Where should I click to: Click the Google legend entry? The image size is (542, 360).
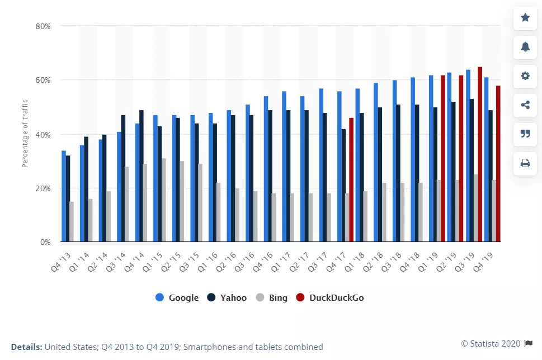pyautogui.click(x=177, y=297)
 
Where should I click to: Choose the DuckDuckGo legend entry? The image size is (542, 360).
pyautogui.click(x=331, y=297)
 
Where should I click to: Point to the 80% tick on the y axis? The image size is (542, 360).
pyautogui.click(x=43, y=26)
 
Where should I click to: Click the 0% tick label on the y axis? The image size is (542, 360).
pyautogui.click(x=45, y=243)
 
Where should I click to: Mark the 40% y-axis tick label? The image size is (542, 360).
pyautogui.click(x=43, y=134)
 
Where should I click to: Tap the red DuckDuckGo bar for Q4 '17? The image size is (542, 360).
pyautogui.click(x=351, y=180)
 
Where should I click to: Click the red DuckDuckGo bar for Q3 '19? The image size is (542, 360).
pyautogui.click(x=480, y=154)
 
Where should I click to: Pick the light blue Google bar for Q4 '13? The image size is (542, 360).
pyautogui.click(x=64, y=196)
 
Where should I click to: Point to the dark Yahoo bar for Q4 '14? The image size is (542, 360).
pyautogui.click(x=142, y=176)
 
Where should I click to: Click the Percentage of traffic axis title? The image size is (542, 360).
pyautogui.click(x=25, y=134)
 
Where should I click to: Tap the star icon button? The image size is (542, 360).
pyautogui.click(x=525, y=17)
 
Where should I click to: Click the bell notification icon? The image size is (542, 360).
pyautogui.click(x=525, y=46)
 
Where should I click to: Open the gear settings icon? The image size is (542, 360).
pyautogui.click(x=525, y=75)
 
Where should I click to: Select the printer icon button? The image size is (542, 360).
pyautogui.click(x=525, y=163)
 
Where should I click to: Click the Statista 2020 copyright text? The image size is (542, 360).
pyautogui.click(x=491, y=343)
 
